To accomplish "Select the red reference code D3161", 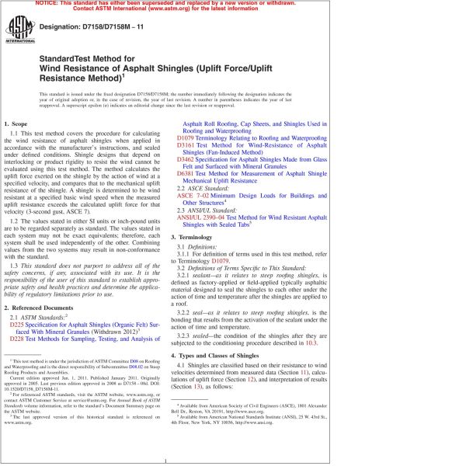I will click(x=190, y=145).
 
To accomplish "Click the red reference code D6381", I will click(x=190, y=173).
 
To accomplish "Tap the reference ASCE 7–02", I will click(x=197, y=194).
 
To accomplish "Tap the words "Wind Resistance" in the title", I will click(x=74, y=68).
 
